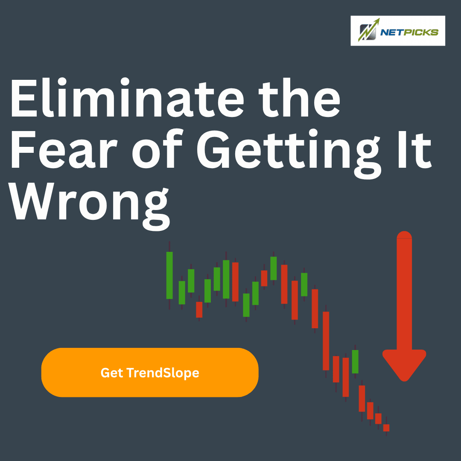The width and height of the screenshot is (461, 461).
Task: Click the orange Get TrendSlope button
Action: point(150,372)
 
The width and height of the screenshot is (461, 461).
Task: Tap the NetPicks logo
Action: point(398,31)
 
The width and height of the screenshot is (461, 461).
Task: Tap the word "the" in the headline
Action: point(299,98)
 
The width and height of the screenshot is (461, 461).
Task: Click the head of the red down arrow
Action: point(404,365)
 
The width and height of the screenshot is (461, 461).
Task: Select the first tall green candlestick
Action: point(169,275)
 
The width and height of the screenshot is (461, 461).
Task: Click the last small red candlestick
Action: point(386,428)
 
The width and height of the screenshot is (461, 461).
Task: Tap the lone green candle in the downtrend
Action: point(355,362)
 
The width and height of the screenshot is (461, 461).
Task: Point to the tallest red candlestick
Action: point(326,341)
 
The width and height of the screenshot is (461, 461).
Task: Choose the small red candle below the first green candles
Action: point(199,309)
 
